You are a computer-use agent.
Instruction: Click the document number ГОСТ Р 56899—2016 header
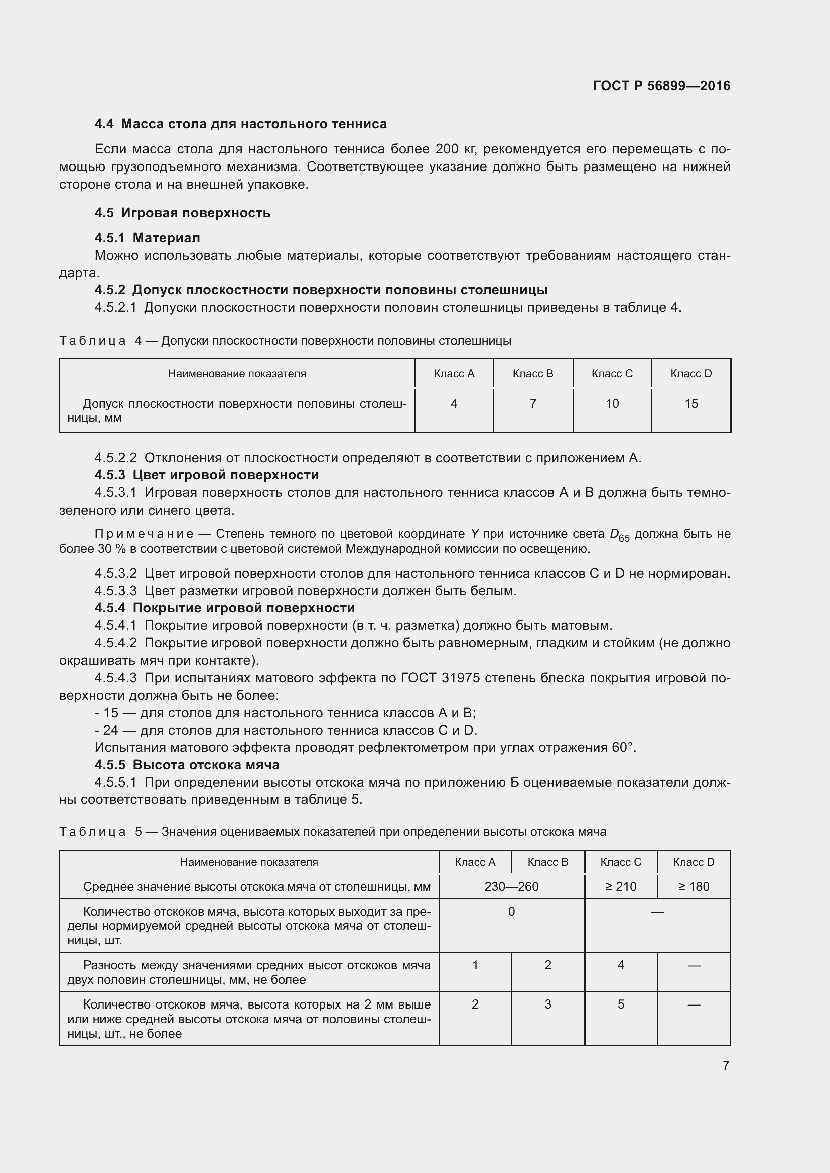661,86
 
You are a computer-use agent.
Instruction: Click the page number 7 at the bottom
725,1065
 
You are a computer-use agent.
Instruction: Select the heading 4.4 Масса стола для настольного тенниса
240,124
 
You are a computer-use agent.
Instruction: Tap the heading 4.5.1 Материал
147,238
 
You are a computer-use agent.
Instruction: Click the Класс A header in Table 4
454,374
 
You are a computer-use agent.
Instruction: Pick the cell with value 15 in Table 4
691,404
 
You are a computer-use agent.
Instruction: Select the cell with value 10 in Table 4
612,404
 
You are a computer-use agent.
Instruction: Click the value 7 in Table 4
532,404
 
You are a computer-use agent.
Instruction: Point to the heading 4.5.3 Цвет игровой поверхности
206,475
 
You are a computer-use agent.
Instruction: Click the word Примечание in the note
144,534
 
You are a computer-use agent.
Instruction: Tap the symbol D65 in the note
619,535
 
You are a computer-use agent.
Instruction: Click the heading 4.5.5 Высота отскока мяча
187,765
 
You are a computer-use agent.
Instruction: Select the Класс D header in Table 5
693,862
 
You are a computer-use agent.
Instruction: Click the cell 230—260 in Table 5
511,886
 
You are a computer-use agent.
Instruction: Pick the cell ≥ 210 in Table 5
620,886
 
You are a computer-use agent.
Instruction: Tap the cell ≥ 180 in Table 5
693,886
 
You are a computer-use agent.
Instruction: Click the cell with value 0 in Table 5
511,911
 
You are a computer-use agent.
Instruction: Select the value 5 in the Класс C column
620,1004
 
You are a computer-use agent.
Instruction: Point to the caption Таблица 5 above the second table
101,832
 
